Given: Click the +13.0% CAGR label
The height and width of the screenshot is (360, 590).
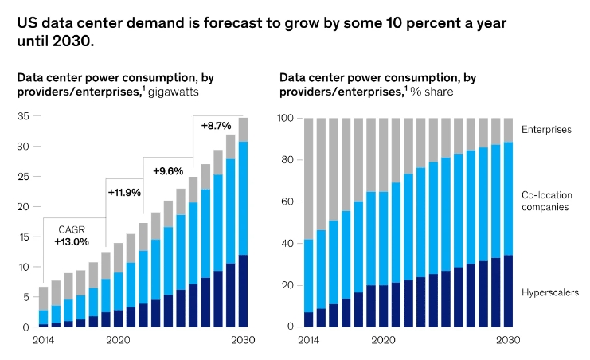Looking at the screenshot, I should pyautogui.click(x=72, y=241).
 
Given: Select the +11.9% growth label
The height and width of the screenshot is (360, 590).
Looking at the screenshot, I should pyautogui.click(x=124, y=192).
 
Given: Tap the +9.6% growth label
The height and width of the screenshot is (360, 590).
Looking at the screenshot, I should pyautogui.click(x=168, y=170).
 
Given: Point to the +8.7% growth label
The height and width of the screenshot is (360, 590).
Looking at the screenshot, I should pyautogui.click(x=216, y=126).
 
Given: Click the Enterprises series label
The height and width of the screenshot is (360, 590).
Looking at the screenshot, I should pyautogui.click(x=545, y=129).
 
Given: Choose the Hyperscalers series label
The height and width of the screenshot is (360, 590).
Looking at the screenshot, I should pyautogui.click(x=549, y=293).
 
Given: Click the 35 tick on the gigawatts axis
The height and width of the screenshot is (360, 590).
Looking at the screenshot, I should pyautogui.click(x=23, y=116).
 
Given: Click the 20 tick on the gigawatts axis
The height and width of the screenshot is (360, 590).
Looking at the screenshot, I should pyautogui.click(x=23, y=207).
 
